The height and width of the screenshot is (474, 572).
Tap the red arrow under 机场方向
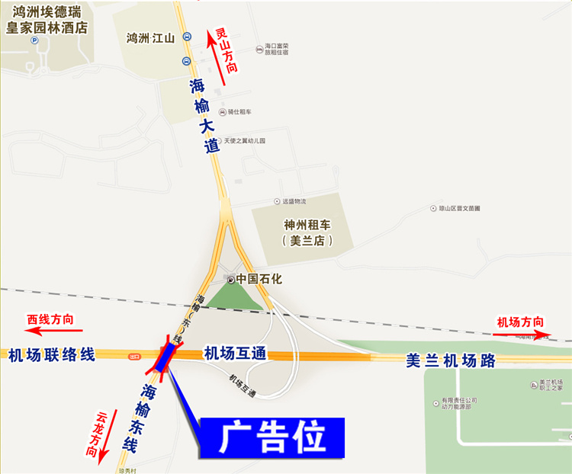pos(522,334)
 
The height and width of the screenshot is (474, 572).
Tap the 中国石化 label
pos(259,279)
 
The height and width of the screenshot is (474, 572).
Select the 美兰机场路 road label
pos(451,360)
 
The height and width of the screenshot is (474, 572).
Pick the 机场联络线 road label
pos(51,354)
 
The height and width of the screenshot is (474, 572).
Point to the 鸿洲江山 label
pos(150,38)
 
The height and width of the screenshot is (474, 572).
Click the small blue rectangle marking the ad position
pos(165,357)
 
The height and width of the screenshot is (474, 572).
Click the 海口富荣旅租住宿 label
pos(276,50)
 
